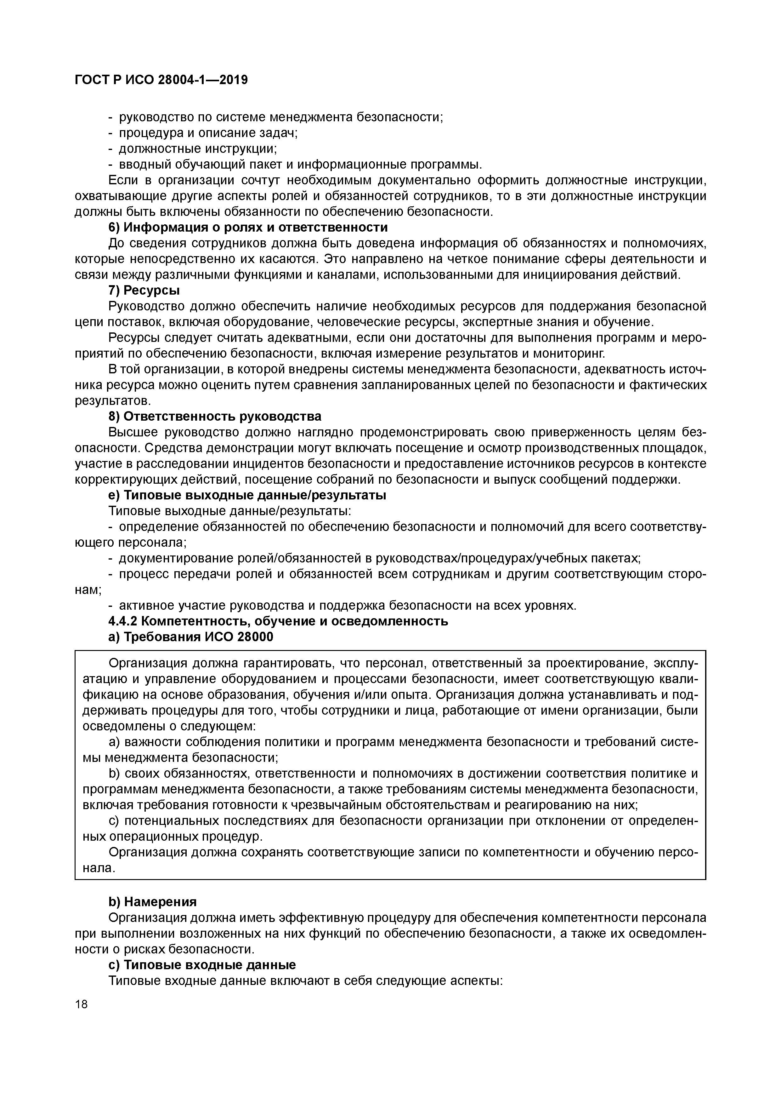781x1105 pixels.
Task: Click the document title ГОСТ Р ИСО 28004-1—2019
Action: tap(161, 80)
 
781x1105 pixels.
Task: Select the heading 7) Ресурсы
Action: tap(144, 291)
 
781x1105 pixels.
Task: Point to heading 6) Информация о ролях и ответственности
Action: tap(248, 227)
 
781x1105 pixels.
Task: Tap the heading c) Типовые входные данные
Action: tap(202, 965)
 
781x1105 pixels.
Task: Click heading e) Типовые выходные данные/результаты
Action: tap(248, 495)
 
